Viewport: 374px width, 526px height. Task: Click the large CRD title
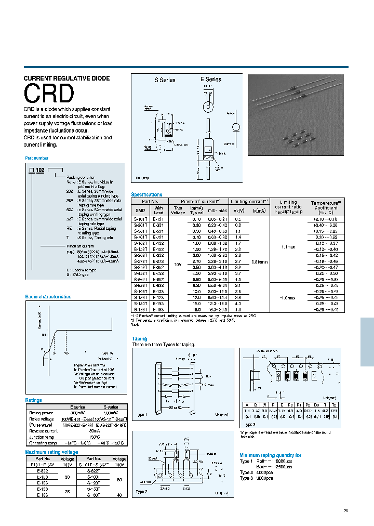click(49, 94)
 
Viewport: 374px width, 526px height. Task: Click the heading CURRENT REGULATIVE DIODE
click(67, 78)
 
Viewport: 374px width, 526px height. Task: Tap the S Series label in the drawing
click(164, 80)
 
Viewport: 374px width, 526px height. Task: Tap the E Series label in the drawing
click(211, 80)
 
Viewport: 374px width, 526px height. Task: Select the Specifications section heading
click(146, 194)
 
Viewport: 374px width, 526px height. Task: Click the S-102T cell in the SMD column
click(140, 243)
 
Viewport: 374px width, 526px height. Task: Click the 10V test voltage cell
click(178, 264)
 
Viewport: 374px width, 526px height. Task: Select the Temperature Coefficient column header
click(326, 207)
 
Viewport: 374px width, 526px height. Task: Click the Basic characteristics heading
click(48, 297)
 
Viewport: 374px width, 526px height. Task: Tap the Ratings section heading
click(34, 400)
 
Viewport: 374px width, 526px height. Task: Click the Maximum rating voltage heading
click(51, 452)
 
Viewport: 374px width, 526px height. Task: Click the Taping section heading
click(139, 339)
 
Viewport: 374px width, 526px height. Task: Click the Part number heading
click(37, 158)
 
